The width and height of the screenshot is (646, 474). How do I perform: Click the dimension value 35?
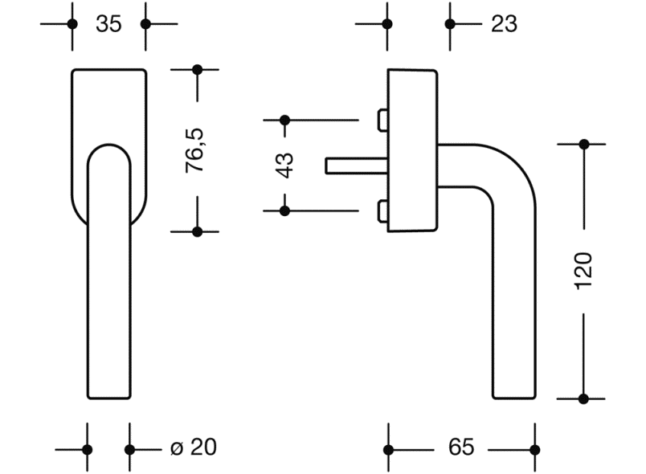click(108, 24)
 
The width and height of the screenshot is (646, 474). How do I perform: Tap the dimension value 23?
click(504, 24)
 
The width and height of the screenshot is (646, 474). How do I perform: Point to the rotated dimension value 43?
click(284, 165)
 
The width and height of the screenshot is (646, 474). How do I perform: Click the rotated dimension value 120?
click(584, 271)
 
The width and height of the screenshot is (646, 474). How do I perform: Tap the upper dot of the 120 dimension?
click(584, 145)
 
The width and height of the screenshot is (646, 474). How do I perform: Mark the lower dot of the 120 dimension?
click(584, 398)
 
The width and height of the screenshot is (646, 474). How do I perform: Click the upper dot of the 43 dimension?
click(284, 121)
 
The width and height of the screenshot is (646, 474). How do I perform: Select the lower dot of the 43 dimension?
click(284, 210)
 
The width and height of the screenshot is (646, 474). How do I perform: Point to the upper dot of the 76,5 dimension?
click(196, 70)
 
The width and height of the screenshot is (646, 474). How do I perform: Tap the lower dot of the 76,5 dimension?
click(196, 231)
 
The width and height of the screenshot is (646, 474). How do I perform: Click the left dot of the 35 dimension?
click(72, 24)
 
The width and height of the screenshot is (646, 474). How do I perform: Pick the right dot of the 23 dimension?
click(450, 24)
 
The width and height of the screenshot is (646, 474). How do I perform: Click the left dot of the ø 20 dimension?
click(88, 449)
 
